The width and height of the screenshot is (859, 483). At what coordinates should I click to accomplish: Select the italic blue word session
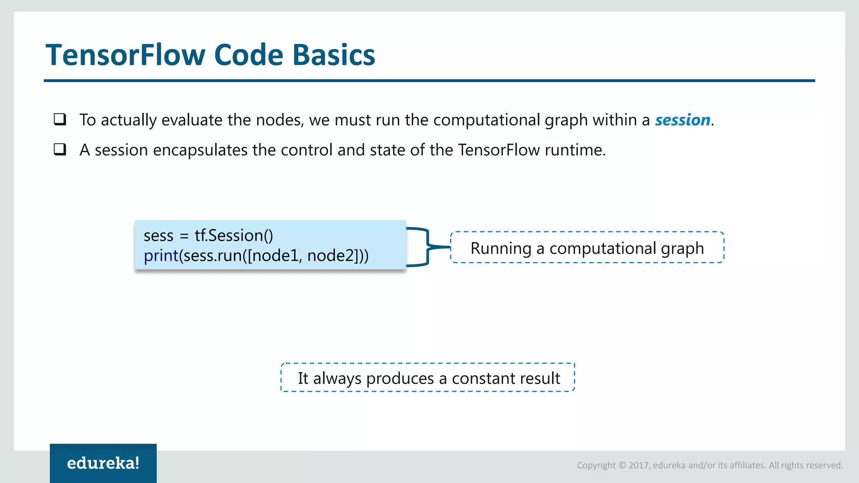[x=682, y=120]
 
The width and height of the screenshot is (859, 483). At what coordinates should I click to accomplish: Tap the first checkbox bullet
[x=60, y=119]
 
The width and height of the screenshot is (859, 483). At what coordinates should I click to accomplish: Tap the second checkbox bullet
[x=60, y=149]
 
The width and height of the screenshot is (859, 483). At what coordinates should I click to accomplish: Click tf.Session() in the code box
[x=234, y=236]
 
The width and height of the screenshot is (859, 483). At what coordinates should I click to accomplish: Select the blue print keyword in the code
[x=161, y=256]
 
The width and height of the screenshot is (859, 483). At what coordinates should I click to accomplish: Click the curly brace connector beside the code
[x=427, y=247]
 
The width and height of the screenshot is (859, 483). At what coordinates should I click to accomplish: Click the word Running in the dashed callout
[x=501, y=248]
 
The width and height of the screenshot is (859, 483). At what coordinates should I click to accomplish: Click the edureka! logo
[x=103, y=463]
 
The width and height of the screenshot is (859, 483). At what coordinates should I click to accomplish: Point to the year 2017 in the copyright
[x=638, y=465]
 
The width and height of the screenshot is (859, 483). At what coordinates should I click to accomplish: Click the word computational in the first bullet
[x=487, y=120]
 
